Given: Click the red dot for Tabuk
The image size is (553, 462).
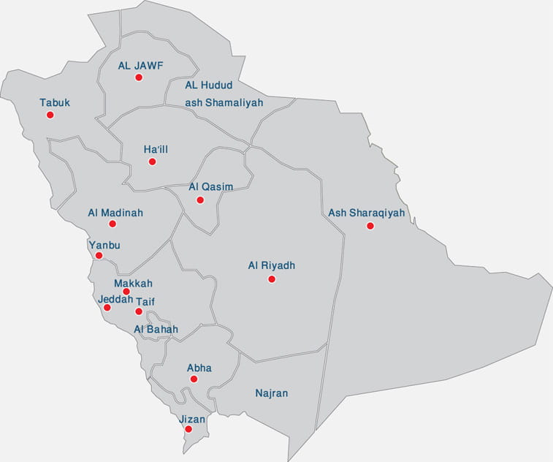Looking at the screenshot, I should click(x=50, y=115).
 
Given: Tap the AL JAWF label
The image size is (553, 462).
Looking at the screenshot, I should click(x=140, y=65).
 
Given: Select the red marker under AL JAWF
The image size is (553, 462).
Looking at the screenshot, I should click(x=139, y=77).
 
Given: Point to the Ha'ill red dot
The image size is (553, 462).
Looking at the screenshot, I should click(x=152, y=162).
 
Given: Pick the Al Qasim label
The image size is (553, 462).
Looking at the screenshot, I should click(x=210, y=186).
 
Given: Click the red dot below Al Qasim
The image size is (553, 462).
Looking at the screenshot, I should click(x=200, y=200).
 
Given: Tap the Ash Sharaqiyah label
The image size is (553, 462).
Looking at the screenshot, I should click(x=367, y=213).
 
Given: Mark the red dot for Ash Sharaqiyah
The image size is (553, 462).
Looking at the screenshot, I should click(x=370, y=226).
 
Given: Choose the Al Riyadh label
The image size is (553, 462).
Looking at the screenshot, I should click(x=272, y=266).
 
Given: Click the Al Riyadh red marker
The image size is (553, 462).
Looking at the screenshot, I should click(x=272, y=279).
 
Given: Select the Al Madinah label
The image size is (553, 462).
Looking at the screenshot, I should click(x=115, y=213).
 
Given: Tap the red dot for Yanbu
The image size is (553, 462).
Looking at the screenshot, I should click(x=99, y=256).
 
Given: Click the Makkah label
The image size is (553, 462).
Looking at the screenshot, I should click(x=133, y=283).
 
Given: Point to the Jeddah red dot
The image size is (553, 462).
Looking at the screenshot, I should click(x=107, y=308).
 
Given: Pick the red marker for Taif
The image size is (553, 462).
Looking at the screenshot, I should click(x=139, y=311).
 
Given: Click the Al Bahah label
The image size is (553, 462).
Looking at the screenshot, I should click(x=156, y=330).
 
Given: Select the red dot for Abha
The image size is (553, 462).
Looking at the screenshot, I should click(x=194, y=379).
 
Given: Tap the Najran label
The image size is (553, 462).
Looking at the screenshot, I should click(x=272, y=393).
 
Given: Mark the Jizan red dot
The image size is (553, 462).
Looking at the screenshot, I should click(x=188, y=429).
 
